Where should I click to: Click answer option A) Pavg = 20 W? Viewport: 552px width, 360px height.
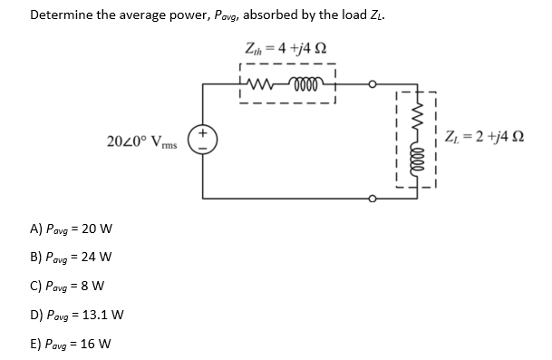72,229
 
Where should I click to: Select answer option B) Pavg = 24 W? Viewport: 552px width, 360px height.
72,257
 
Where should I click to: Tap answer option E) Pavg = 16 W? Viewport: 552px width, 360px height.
72,345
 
